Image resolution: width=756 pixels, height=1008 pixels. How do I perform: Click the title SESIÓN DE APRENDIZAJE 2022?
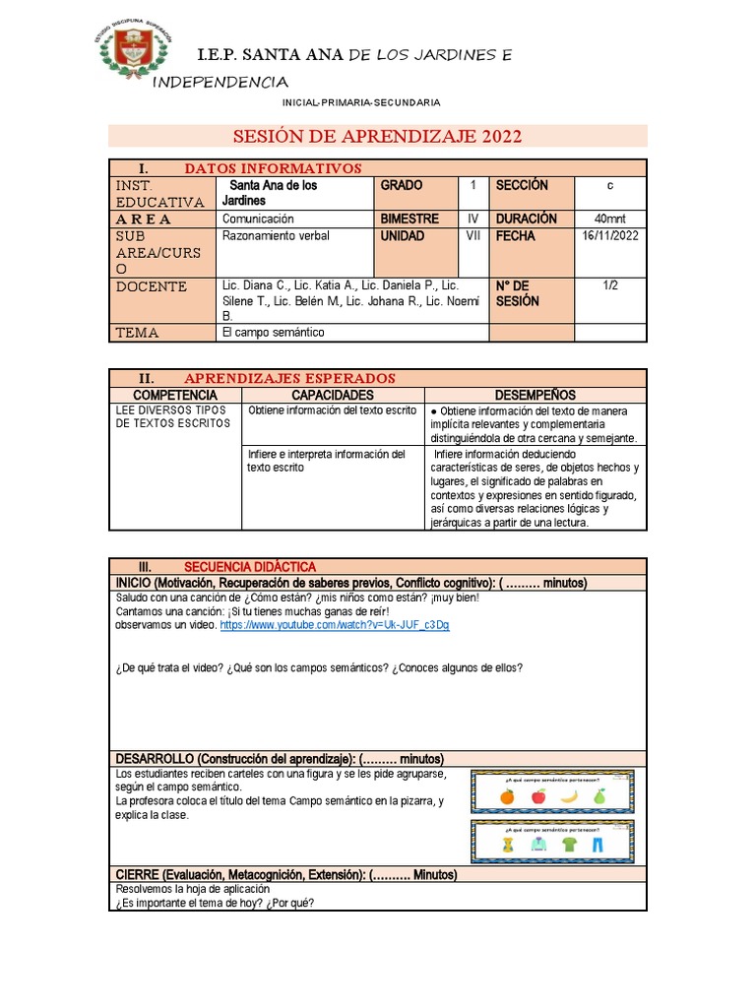coord(377,136)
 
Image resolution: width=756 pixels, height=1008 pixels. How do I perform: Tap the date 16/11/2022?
coord(609,236)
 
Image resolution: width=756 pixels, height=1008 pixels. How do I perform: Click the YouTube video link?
coord(335,625)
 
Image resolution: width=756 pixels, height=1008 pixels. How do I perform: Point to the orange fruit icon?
coord(507,796)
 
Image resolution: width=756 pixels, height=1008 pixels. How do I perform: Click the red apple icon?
coord(537,796)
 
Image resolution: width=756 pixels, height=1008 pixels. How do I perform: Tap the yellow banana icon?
coord(569,796)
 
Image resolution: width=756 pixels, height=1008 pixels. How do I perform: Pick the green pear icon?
coord(598,796)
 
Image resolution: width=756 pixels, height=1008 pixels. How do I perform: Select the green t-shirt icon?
coord(569,844)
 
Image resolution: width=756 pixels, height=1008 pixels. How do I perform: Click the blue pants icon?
coord(598,844)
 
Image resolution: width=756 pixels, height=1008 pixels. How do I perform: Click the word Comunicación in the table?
coord(258,219)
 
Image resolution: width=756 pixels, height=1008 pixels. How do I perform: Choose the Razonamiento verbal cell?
coord(276,236)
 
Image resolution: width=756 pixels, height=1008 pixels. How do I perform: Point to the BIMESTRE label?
coord(409,219)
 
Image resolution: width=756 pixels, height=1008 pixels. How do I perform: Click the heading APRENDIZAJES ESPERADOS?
coord(289,378)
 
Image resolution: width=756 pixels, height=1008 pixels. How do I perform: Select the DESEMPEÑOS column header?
coord(535,394)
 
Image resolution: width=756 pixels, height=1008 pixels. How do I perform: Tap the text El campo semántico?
coord(273,333)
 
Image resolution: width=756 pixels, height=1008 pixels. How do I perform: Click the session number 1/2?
coord(610,284)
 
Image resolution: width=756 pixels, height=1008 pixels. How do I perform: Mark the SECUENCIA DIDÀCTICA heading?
coord(250,567)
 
